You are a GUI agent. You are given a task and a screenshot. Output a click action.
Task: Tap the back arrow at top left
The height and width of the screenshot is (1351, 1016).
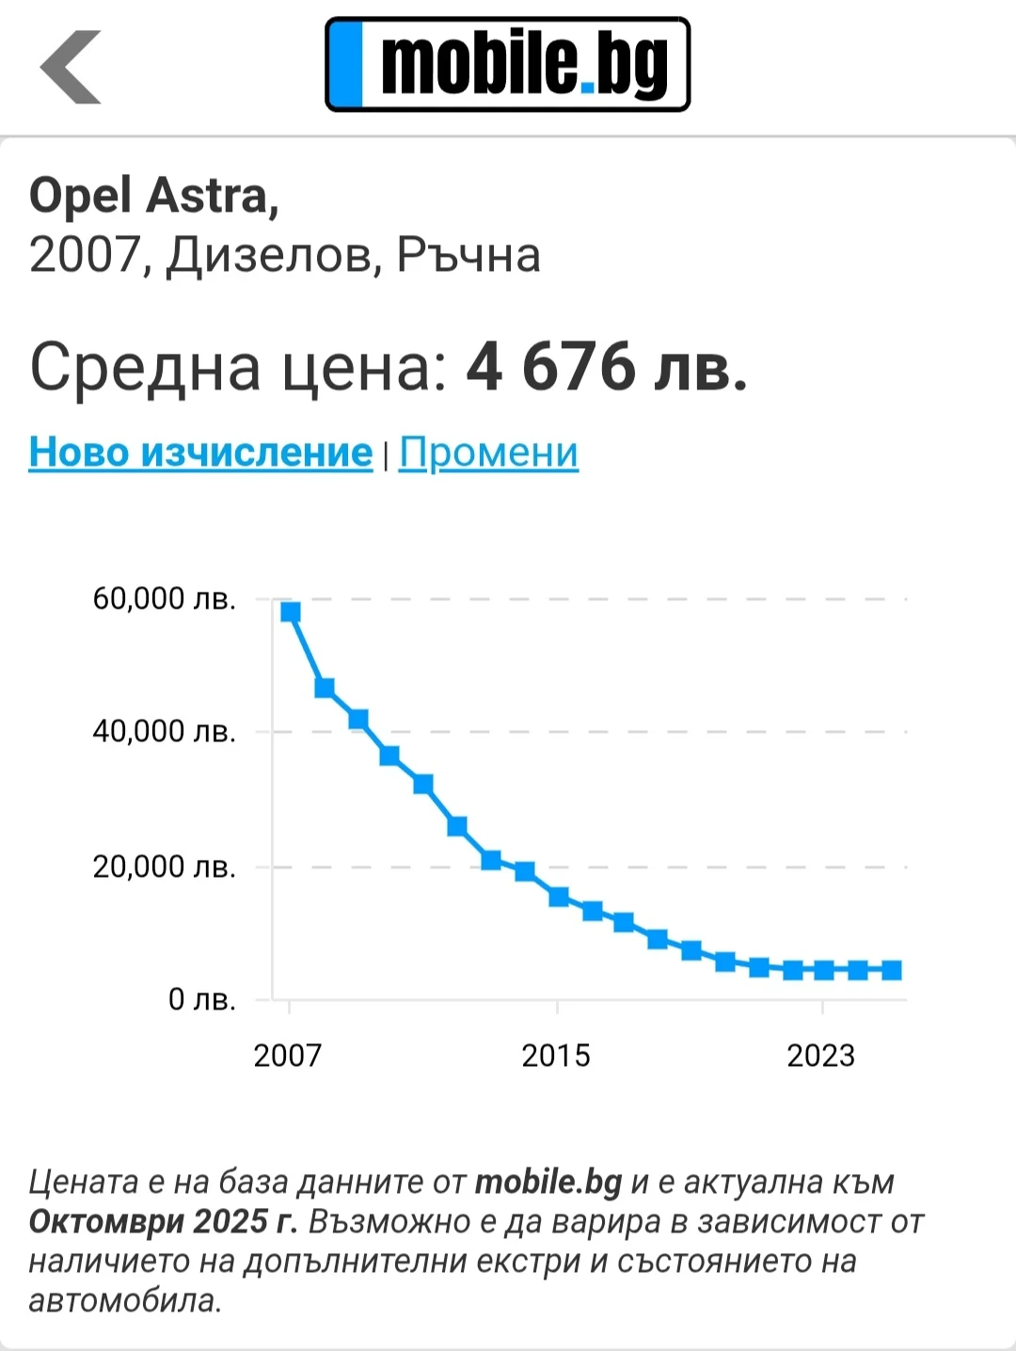click(x=71, y=67)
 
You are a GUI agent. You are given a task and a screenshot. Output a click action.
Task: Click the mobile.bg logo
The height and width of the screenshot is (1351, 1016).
click(x=508, y=64)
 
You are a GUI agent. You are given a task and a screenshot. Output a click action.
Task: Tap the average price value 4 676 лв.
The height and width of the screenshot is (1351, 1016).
click(x=607, y=367)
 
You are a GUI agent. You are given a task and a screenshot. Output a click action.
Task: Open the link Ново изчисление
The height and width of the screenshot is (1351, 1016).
click(x=200, y=453)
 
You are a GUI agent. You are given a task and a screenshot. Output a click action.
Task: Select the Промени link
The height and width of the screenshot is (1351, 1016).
click(x=488, y=453)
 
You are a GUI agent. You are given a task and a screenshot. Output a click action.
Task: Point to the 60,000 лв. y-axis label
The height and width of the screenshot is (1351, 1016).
click(x=164, y=599)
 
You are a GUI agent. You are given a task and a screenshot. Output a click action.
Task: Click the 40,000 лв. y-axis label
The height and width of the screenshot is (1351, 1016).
click(x=164, y=731)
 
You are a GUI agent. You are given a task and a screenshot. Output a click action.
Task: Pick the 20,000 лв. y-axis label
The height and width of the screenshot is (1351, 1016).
click(x=164, y=866)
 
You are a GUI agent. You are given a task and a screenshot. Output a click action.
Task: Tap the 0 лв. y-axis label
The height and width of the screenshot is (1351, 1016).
click(x=201, y=999)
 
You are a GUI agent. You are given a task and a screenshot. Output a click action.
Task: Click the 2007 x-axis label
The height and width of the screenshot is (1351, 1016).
click(x=288, y=1056)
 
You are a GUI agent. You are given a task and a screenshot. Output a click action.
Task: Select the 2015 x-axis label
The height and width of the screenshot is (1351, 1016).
click(x=556, y=1056)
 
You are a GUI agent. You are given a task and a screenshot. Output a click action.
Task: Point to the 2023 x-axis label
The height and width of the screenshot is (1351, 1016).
click(x=821, y=1056)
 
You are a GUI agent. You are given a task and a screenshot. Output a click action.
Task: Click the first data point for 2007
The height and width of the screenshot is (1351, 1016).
click(x=290, y=612)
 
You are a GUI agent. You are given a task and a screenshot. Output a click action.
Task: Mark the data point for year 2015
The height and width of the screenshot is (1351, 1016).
click(x=558, y=897)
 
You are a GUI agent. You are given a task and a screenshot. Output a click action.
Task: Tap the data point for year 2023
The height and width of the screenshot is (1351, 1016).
click(x=824, y=970)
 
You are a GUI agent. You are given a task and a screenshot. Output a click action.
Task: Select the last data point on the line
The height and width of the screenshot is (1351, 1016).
click(x=892, y=970)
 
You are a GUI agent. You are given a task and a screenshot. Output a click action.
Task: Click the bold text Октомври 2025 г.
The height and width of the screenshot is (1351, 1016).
click(x=163, y=1221)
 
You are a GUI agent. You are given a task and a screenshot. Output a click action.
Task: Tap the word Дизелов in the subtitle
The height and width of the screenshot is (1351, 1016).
click(x=273, y=255)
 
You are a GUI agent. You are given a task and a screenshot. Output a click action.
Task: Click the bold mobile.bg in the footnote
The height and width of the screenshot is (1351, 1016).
click(x=548, y=1182)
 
